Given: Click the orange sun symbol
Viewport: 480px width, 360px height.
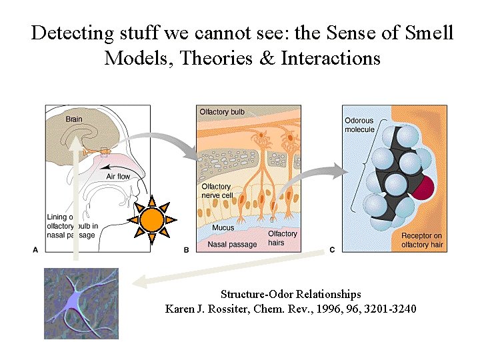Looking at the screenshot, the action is [x=153, y=219].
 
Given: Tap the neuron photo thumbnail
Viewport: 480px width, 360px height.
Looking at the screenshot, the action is [x=81, y=303].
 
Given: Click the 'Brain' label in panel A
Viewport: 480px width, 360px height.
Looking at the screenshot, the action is [x=75, y=119].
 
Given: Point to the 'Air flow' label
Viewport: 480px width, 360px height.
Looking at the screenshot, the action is [x=119, y=177].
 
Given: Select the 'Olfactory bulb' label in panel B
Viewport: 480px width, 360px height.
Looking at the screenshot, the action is [x=222, y=112].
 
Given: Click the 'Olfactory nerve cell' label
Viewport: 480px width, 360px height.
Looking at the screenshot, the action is [x=216, y=191].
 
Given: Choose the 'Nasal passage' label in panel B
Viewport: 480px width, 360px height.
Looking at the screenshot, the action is [x=232, y=245].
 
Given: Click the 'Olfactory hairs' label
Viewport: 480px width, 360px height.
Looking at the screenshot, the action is [x=282, y=238].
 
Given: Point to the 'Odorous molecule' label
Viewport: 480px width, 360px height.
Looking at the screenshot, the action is [x=359, y=125].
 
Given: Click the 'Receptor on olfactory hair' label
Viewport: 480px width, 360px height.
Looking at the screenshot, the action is [x=422, y=241].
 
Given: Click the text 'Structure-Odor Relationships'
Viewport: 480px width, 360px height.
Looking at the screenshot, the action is [x=291, y=294].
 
